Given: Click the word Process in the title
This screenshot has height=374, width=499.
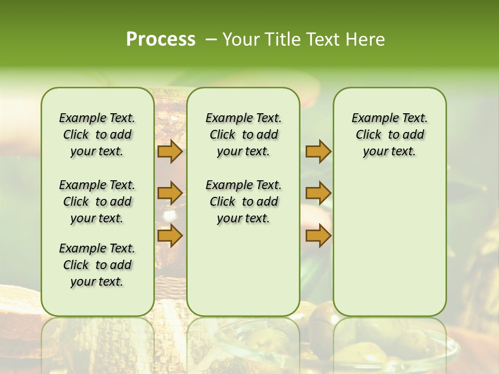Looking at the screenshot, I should point(161,39).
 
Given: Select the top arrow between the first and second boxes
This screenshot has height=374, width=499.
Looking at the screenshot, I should point(169,152).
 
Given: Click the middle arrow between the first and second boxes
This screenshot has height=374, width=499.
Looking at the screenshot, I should point(169,193).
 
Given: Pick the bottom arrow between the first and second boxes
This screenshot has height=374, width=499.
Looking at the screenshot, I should point(169,236).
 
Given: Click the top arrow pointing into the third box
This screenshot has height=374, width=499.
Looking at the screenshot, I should point(318,152).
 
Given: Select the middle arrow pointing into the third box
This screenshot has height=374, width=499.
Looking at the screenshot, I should point(318,193).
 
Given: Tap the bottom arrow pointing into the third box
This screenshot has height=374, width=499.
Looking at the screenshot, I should point(318,236).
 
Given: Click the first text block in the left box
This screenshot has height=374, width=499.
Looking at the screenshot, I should point(97,135).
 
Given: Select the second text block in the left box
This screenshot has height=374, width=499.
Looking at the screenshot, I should point(97,202).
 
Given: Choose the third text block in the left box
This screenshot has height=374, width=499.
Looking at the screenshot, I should point(97,265).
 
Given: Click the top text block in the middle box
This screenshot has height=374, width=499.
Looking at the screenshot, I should point(243,135).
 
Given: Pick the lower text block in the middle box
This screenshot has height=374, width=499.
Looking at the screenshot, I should point(243,202).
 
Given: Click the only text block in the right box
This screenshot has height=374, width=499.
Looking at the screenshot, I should point(389,135).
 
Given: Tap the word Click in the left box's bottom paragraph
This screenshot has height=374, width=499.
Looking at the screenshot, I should point(76,265).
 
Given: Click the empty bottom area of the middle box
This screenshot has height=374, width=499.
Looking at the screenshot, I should point(243,275).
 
